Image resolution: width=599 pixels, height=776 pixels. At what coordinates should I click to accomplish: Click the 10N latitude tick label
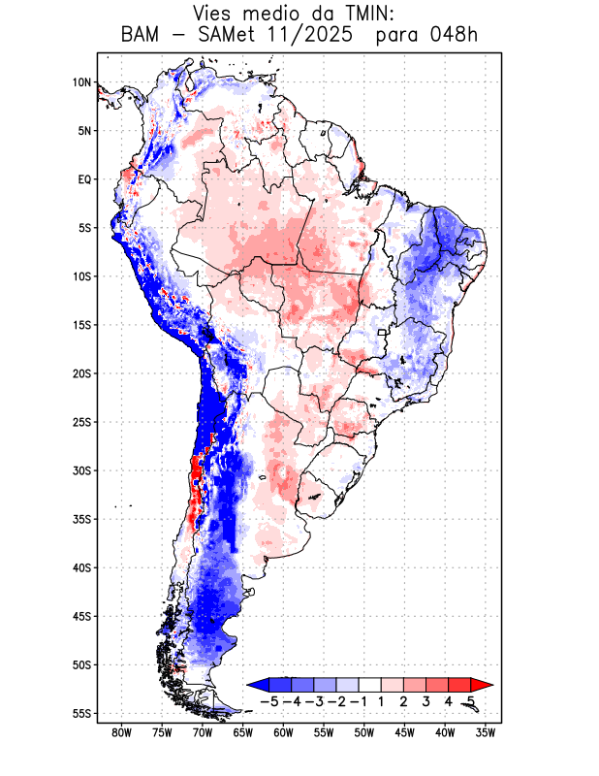point(81,82)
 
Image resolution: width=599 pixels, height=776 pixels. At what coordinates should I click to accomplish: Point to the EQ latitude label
point(83,179)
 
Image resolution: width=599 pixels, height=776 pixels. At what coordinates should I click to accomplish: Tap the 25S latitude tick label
point(81,422)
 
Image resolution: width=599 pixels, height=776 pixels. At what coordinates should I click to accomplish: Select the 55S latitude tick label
point(81,713)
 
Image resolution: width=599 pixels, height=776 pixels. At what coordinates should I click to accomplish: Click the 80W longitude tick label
point(121,733)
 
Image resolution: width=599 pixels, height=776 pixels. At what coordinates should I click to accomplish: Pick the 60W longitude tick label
point(283,733)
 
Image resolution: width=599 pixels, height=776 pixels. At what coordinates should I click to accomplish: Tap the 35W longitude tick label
point(486,733)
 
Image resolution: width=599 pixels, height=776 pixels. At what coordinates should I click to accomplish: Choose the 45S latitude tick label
point(81,616)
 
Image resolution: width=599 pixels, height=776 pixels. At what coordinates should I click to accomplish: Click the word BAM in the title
point(142,36)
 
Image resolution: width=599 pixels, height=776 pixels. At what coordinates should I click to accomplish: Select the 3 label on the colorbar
point(426,700)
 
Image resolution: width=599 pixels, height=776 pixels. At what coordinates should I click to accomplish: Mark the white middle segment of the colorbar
point(370,684)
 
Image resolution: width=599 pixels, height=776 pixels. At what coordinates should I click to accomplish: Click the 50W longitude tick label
point(363,733)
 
